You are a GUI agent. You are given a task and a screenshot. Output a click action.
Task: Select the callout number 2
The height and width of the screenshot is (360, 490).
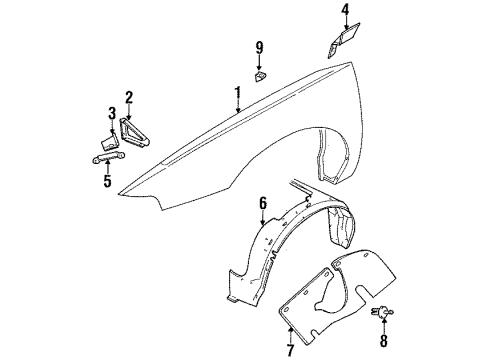click(x=129, y=97)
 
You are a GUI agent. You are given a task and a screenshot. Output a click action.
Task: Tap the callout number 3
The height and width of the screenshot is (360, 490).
click(x=112, y=111)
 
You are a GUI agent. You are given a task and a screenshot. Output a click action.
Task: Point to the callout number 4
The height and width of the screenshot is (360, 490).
click(x=345, y=13)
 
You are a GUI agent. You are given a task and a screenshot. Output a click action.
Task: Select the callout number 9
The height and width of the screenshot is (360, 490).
click(x=259, y=47)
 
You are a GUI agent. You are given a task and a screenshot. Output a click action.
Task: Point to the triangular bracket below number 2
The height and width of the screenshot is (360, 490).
click(x=133, y=131)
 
